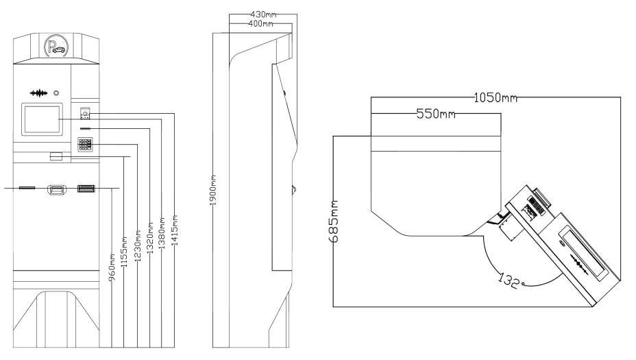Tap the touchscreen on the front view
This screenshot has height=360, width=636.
pyautogui.click(x=42, y=119)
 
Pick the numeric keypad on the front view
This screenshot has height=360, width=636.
pyautogui.click(x=86, y=145)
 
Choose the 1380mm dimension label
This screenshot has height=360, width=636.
pyautogui.click(x=162, y=225)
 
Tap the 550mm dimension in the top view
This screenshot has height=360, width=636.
pyautogui.click(x=436, y=114)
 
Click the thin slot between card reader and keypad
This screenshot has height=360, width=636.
pyautogui.click(x=86, y=128)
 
